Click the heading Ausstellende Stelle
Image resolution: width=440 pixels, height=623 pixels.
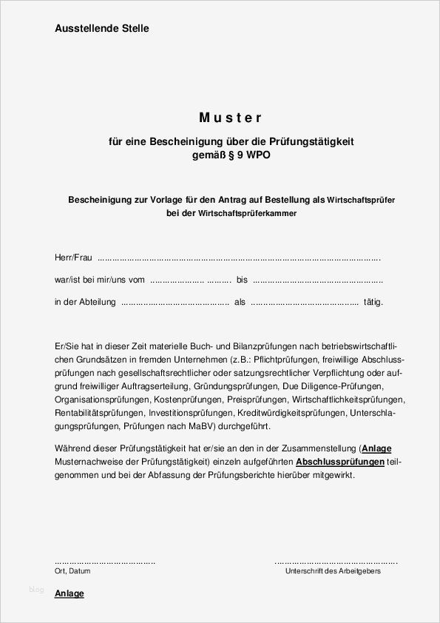pos(101,28)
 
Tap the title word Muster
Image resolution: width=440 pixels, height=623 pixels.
pos(231,117)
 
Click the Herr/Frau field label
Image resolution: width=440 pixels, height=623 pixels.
pos(73,258)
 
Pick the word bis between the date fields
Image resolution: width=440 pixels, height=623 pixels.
pos(243,280)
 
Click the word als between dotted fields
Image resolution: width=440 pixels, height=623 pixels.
pos(240,302)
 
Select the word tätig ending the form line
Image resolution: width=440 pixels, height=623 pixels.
pos(373,302)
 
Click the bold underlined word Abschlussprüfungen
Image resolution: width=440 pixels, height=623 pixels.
pos(339,462)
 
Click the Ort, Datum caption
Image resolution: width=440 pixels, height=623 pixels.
pos(72,571)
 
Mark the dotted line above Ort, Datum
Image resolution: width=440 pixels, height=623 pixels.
pos(105,562)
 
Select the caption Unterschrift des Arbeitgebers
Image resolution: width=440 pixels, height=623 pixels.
pos(333,571)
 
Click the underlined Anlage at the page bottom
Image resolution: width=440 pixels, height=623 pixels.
pos(70,593)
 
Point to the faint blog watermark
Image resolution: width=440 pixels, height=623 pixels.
pos(36,590)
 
